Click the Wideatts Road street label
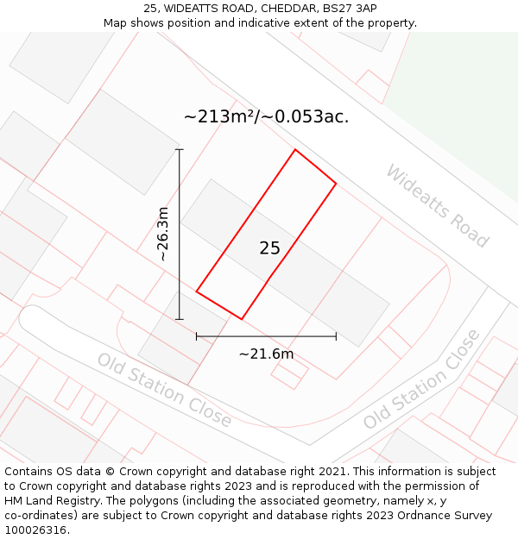point(437,205)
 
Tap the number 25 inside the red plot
point(269,248)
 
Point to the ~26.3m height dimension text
point(163,234)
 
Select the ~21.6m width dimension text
point(266,354)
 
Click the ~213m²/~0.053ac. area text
point(266,116)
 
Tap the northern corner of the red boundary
point(295,150)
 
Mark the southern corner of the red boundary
point(242,319)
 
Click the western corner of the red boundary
point(197,291)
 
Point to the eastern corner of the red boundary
point(336,183)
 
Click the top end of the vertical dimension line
point(180,149)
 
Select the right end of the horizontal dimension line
point(336,336)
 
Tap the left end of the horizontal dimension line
point(197,336)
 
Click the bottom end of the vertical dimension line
point(180,319)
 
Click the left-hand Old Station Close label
point(164,390)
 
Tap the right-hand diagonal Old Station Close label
point(421,379)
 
